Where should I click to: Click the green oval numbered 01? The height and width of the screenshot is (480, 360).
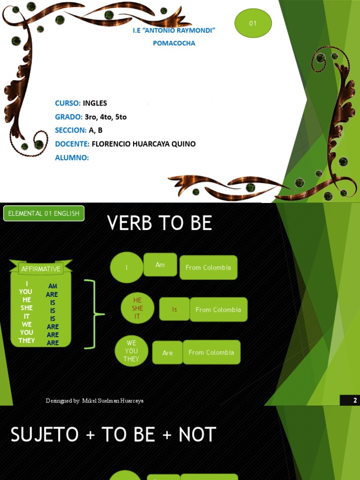click(253, 23)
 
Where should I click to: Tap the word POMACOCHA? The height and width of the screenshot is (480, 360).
click(174, 43)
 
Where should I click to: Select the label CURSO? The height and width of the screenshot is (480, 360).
click(68, 103)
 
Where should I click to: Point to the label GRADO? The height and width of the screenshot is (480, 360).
click(69, 117)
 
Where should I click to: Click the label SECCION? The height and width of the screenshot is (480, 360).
click(71, 130)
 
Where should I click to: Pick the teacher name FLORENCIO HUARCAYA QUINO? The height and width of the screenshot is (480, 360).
click(143, 143)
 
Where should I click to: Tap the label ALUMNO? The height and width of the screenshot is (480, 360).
click(72, 157)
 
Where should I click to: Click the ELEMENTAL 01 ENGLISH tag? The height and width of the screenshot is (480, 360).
click(44, 213)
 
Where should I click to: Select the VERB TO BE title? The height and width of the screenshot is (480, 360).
click(159, 224)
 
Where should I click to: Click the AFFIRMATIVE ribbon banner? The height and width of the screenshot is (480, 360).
click(41, 269)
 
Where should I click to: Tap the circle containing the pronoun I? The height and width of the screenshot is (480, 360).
click(127, 268)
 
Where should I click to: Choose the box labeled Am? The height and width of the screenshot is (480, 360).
click(160, 265)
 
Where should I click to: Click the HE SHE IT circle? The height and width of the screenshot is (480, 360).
click(137, 308)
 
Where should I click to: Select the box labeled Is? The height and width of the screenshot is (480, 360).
click(174, 309)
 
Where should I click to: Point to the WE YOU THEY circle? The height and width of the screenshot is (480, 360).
click(131, 351)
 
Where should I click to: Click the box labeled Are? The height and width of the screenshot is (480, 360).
click(167, 353)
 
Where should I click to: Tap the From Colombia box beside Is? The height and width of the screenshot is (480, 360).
click(218, 310)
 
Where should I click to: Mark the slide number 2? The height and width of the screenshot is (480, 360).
click(355, 400)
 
